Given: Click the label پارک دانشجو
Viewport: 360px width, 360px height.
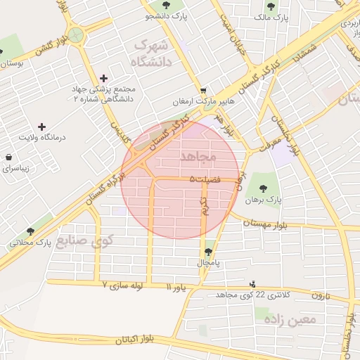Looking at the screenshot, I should (167, 15).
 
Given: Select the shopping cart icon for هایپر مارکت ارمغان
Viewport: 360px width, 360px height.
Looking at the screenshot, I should (204, 90).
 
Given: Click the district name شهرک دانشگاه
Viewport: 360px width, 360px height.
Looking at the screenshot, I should (151, 53).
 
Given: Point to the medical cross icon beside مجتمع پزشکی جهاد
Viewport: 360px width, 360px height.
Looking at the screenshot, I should (105, 78).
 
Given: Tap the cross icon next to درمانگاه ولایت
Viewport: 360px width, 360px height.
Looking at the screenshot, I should (41, 127).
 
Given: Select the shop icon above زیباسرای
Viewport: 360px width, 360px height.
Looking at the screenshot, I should (8, 157).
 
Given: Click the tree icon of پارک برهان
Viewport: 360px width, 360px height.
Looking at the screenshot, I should (263, 188).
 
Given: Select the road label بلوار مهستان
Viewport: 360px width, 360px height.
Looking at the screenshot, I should (270, 222).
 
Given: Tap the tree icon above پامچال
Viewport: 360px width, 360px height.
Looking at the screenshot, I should (208, 251).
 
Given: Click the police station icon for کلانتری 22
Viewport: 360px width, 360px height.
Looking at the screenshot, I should (253, 284).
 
